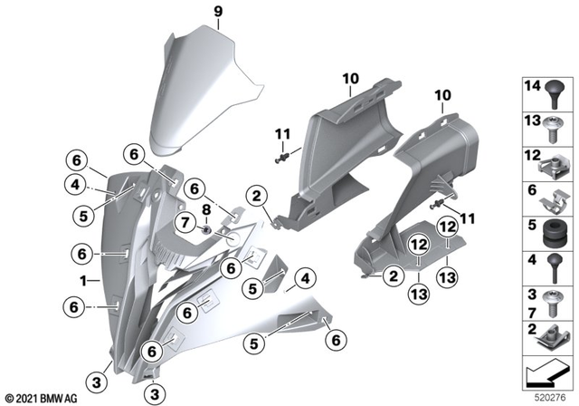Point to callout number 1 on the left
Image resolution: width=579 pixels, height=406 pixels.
coord(83,280)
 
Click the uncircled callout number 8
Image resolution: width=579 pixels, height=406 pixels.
coord(205,209)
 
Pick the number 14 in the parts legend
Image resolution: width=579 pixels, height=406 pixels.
coord(530,86)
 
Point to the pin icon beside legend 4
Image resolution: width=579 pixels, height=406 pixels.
coord(554,269)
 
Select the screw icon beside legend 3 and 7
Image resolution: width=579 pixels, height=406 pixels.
coord(554,301)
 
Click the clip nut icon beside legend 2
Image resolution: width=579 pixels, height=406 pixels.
coord(554,337)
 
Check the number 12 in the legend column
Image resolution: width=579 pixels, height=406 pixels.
coord(530,156)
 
